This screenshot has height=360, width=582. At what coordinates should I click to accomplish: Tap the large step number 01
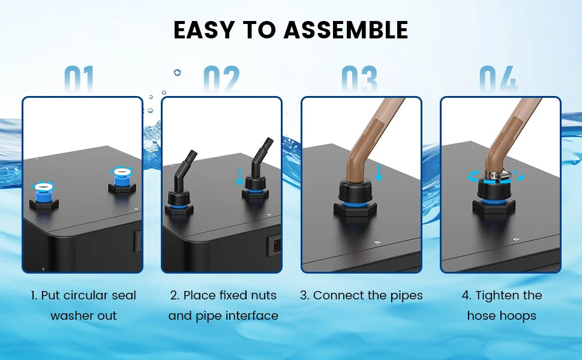[80, 79]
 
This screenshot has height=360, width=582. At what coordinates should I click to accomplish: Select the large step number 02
[221, 79]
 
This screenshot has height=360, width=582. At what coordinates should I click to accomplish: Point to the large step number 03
[359, 79]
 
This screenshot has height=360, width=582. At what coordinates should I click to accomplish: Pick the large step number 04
[499, 79]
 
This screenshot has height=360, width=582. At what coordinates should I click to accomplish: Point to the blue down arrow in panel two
[240, 176]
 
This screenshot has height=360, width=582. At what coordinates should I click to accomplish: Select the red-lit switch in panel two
[274, 244]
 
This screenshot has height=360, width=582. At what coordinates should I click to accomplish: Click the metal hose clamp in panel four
[497, 176]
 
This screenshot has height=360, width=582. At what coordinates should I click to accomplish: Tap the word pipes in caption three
[407, 295]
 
